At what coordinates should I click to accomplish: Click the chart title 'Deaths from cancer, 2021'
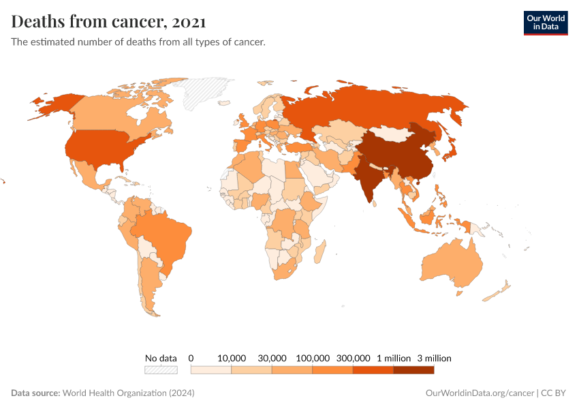109,22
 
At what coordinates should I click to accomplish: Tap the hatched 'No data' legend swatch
161,370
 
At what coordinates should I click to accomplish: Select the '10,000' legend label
232,358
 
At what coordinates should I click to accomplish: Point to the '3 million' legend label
434,358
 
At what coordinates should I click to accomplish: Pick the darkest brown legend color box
413,370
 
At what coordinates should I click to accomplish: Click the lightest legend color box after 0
211,370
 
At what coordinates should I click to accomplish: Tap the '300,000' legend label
353,358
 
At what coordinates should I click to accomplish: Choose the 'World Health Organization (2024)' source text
128,393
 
